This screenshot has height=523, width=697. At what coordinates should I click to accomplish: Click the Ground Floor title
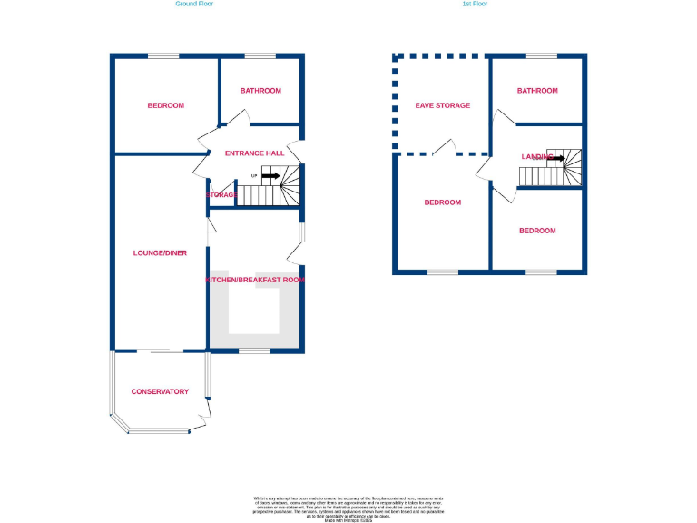194,4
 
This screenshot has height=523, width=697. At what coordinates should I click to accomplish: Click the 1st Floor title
475,4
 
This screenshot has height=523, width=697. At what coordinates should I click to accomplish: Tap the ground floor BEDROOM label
165,105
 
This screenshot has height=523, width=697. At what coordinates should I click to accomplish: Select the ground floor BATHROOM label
260,91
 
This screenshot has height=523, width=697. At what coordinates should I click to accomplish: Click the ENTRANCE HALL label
255,153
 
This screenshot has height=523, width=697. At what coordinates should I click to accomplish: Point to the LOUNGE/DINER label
160,253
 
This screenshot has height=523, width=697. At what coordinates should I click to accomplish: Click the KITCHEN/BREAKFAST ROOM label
255,281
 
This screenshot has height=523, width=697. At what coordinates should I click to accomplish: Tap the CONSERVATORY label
160,392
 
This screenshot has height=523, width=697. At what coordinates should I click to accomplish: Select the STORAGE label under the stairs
221,195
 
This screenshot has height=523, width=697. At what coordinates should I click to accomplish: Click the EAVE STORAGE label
443,105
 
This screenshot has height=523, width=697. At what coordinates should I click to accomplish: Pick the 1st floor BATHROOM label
537,91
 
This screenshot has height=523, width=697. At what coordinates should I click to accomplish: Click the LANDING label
537,157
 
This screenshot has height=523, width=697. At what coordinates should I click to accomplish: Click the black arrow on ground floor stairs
270,176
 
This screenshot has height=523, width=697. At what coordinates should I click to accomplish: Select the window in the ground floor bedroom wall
163,56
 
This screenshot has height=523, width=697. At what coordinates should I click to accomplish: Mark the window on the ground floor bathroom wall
260,56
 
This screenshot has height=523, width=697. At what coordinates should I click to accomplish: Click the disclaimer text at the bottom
348,508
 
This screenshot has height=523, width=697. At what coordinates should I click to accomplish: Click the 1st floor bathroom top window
541,56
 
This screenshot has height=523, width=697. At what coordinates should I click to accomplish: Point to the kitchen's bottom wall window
254,350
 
